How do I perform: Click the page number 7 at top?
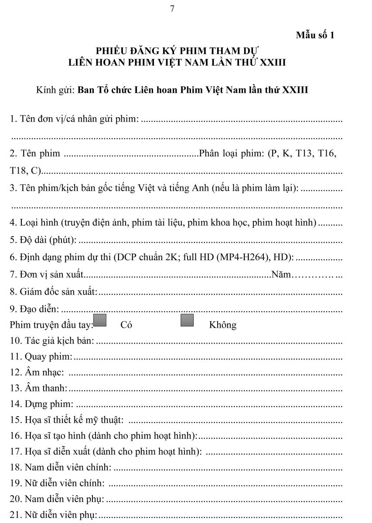pos(172,9)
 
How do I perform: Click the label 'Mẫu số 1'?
pos(315,35)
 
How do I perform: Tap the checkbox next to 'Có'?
pos(100,320)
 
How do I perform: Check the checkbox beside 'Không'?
pos(187,320)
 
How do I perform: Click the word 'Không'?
pos(223,325)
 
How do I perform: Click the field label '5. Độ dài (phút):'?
pos(43,240)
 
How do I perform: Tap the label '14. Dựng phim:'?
pos(41,404)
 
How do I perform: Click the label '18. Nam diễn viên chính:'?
pos(61,468)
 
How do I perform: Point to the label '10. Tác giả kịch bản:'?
pos(52,340)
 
